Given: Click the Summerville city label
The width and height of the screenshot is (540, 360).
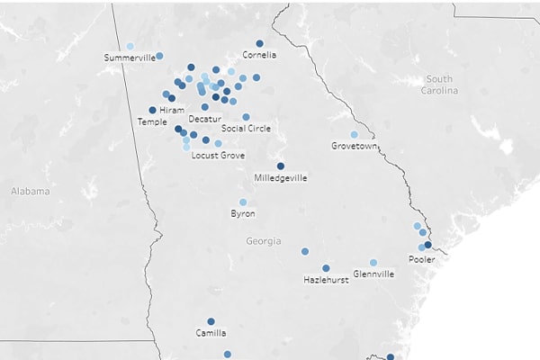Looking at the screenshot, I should click(130, 58).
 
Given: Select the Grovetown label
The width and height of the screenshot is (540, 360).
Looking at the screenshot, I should click(353, 146).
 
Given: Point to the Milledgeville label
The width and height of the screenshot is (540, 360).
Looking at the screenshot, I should click(281, 178).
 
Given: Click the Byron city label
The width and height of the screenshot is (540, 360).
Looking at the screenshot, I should click(243, 214).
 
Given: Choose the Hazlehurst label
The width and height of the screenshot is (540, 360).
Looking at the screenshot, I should click(325, 281).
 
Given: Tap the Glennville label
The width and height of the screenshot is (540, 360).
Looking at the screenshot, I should click(373, 274).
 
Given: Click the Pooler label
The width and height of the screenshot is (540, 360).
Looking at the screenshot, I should click(421, 259).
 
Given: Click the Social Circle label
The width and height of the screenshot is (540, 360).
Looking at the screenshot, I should click(246, 128).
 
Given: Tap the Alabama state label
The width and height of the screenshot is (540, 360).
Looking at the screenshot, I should click(31, 191).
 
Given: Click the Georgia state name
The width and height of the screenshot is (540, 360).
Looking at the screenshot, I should click(263, 241).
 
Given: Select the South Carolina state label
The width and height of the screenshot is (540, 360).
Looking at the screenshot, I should click(440, 85).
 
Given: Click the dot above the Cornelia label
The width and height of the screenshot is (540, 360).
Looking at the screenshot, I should click(259, 43).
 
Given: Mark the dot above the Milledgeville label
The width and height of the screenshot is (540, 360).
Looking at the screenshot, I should click(281, 166).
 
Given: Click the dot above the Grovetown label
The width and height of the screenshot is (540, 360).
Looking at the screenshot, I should click(354, 134).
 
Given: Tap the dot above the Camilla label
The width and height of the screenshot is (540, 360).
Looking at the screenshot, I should click(211, 321).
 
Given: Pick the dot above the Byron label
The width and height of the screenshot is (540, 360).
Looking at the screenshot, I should click(243, 202).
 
